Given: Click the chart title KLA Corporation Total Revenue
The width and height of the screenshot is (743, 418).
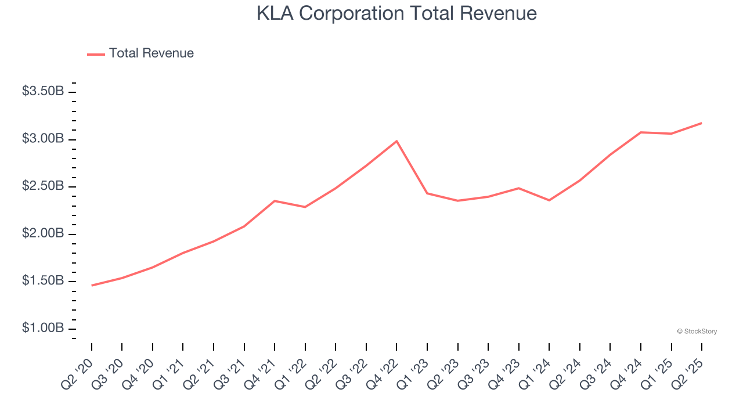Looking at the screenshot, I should (x=396, y=13).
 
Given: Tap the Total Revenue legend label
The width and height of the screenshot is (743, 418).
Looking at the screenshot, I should (x=151, y=53).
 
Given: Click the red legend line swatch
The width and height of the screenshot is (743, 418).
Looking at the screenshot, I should (x=96, y=54).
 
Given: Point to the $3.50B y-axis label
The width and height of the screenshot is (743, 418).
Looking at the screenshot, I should (x=43, y=92).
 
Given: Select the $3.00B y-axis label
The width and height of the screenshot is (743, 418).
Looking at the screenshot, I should (x=43, y=139).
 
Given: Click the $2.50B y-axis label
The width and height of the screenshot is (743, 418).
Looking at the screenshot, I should (x=43, y=186).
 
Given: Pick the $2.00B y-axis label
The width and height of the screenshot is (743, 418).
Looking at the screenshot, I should (x=43, y=234).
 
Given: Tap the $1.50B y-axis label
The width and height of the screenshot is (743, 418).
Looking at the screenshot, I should (x=43, y=282).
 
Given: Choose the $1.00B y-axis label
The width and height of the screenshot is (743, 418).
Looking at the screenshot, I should (x=43, y=329).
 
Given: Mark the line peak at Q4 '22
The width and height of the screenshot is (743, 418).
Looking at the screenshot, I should (x=396, y=141).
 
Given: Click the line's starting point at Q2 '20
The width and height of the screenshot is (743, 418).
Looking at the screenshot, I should (x=92, y=286).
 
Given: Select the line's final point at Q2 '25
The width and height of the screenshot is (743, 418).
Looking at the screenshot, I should (x=702, y=123).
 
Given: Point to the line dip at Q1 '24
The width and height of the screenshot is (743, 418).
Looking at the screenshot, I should (x=549, y=200).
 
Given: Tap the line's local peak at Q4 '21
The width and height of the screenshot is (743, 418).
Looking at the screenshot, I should (x=275, y=201).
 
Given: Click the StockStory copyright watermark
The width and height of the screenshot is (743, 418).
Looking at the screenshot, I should (x=697, y=331).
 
